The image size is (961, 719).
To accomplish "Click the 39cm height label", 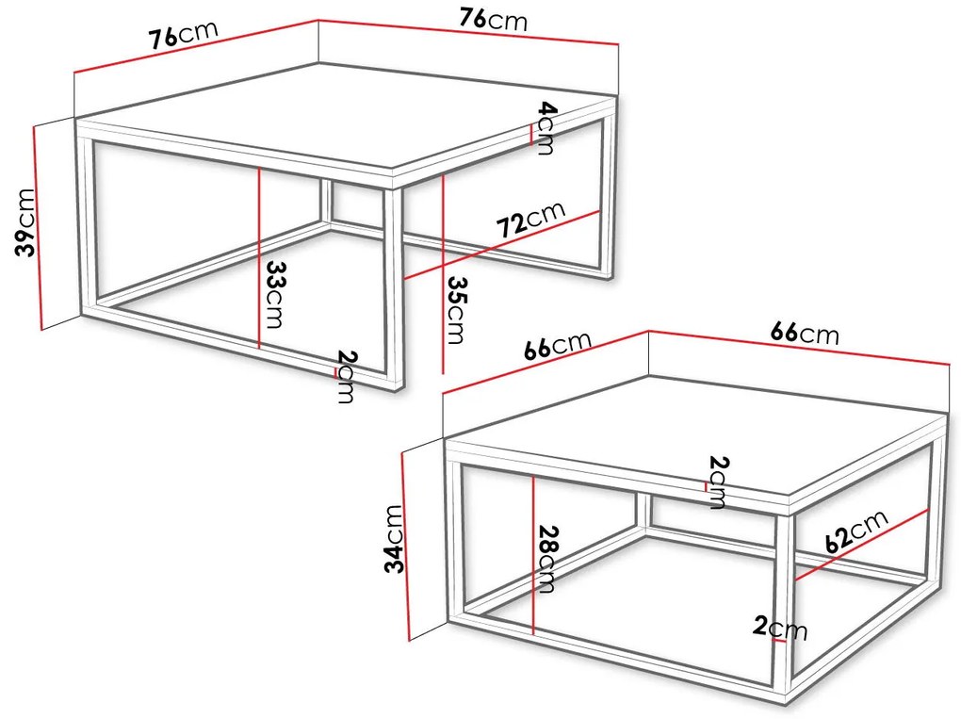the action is (25, 221).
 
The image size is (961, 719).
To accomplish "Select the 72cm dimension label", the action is (530, 219).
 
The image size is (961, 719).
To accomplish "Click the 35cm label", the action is (456, 310).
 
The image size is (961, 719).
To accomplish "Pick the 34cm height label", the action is (394, 539).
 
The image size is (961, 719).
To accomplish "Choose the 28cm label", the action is (546, 559).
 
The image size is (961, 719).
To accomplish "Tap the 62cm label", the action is (856, 531).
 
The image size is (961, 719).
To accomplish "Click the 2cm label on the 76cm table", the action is (347, 376).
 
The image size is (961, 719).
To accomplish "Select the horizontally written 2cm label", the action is (780, 628).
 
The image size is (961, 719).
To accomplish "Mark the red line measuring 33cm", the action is (260, 258).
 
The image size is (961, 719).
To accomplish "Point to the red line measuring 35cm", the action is (443, 273).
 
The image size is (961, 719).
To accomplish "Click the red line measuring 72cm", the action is (502, 245).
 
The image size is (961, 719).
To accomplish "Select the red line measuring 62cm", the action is (862, 545).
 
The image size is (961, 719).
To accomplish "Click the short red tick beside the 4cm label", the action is (530, 135).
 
